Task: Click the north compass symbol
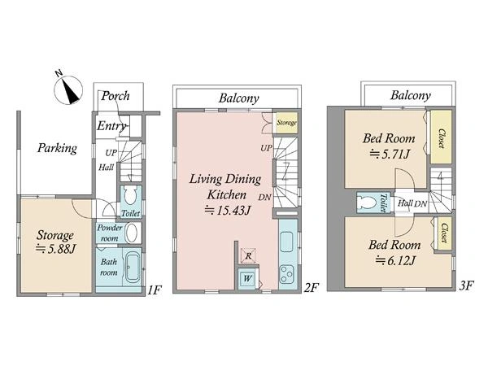tap(68, 89)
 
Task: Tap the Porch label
tap(115, 95)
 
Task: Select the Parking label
tap(57, 148)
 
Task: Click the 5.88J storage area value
tap(56, 249)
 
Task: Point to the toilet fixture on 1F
tap(130, 196)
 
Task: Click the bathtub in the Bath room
tap(133, 267)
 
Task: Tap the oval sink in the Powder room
tap(133, 233)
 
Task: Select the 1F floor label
tap(155, 290)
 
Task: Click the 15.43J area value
tap(228, 211)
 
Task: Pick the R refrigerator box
tap(248, 256)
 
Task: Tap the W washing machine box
tap(247, 278)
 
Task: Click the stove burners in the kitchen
tap(287, 274)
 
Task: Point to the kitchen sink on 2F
tap(287, 242)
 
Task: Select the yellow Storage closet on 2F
tap(286, 123)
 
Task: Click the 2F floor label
tap(312, 288)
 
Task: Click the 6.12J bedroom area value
tap(395, 260)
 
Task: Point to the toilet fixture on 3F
tap(368, 203)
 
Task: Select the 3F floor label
tap(467, 285)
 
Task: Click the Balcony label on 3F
tap(411, 95)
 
